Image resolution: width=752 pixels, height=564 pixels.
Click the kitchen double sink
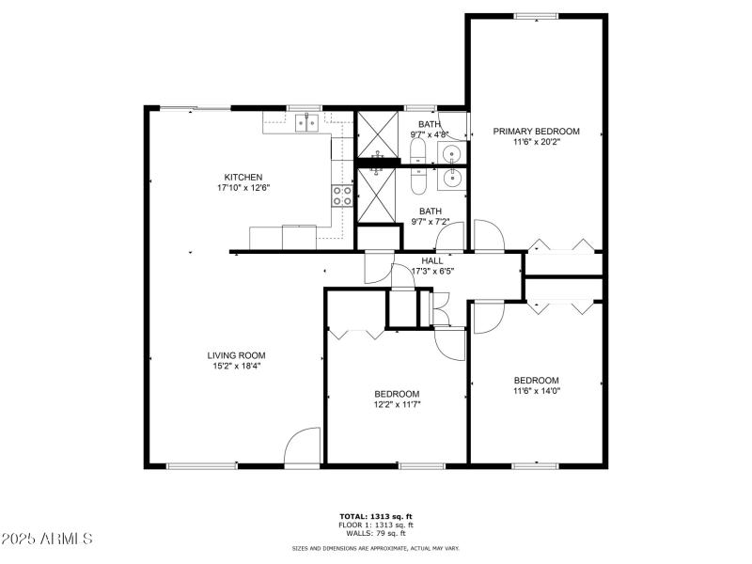(305, 121)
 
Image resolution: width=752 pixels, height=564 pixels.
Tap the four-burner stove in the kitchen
(342, 196)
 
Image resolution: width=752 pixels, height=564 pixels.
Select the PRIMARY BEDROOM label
(536, 132)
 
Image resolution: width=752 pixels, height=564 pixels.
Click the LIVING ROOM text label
(233, 355)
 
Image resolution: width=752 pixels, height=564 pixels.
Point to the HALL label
(432, 260)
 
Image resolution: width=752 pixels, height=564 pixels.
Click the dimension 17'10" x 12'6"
(243, 188)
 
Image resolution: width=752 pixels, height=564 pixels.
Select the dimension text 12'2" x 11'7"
(397, 404)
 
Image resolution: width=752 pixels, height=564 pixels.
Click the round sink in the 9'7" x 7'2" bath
(453, 177)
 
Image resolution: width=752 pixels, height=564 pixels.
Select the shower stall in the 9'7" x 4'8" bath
(377, 137)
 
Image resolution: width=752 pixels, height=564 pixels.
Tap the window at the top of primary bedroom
(536, 15)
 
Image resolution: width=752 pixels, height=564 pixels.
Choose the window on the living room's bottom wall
(202, 465)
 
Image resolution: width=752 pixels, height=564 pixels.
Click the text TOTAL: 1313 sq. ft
(376, 516)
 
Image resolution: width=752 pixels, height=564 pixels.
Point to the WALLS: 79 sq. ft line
(376, 533)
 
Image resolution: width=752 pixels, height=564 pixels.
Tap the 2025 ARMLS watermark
(47, 540)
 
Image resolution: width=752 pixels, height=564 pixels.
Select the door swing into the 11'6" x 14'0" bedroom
(487, 318)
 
